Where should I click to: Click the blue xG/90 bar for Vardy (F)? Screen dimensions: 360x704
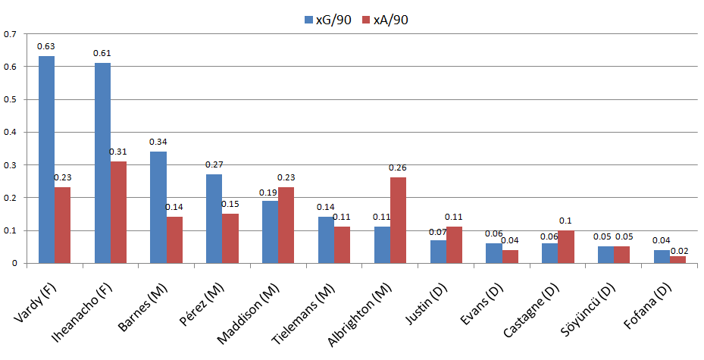coord(46,159)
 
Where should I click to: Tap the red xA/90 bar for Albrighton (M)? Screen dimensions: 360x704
coord(399,221)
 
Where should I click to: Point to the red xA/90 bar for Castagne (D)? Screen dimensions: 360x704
coord(566,246)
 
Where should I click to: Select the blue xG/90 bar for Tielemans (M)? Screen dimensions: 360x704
coord(325,239)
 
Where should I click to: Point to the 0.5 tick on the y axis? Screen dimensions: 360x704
coord(10,99)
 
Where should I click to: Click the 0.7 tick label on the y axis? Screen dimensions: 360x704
coord(10,34)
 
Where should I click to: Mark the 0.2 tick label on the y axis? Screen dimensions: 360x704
coord(10,198)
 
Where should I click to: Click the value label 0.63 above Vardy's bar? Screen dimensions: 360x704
coord(46,47)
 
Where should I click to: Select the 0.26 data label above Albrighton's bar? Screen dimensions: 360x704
coord(398,167)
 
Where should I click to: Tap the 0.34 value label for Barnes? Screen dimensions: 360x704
coord(158,142)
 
